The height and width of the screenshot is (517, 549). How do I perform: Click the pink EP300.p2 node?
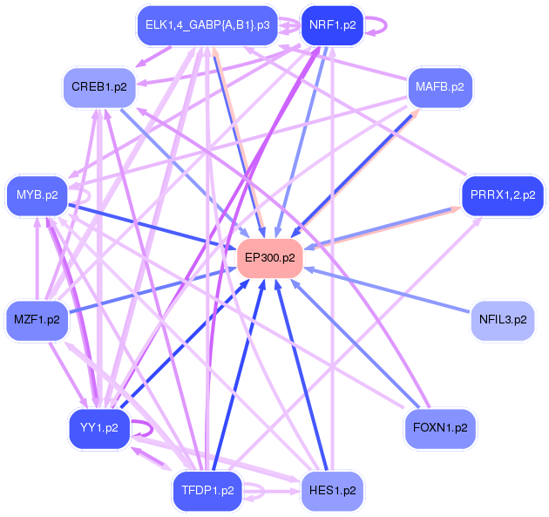coord(270,258)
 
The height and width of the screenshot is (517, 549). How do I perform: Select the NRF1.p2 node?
coord(332,25)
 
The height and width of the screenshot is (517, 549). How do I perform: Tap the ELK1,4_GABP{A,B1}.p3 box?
coord(207,25)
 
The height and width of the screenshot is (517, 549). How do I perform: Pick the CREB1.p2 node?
coord(97,87)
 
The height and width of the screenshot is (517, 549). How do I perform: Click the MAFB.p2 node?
coord(440,87)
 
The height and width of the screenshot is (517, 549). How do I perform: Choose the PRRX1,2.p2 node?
coord(503,194)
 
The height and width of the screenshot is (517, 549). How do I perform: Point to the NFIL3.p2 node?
coord(503,320)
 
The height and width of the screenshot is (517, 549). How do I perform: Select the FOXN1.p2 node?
coord(440,428)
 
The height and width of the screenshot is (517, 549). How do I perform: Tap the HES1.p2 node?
coord(332,491)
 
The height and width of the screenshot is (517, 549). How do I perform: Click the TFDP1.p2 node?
coord(207,491)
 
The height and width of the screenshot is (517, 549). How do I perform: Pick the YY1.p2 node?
coord(99,428)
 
